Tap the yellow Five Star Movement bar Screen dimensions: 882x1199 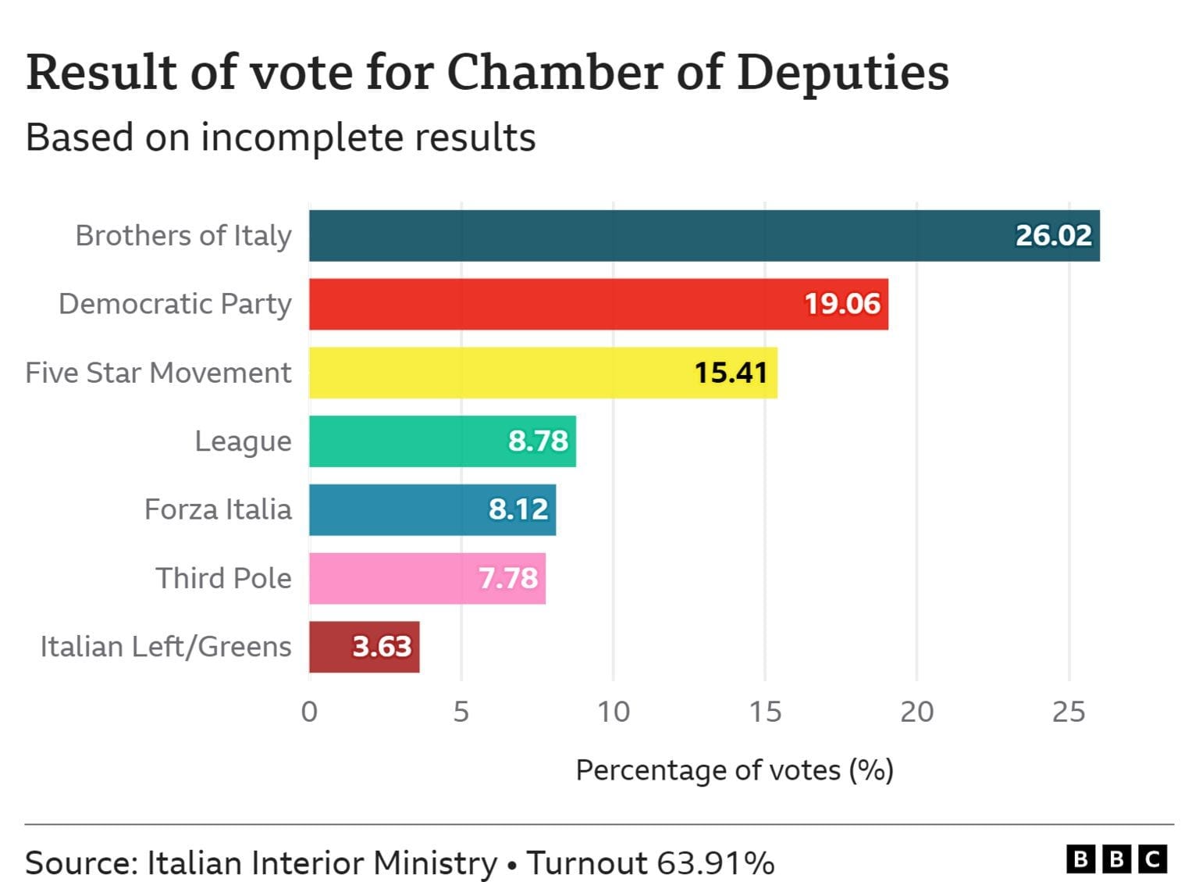click(500, 373)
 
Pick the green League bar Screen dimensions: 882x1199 click(406, 441)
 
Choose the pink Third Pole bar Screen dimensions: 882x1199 click(390, 578)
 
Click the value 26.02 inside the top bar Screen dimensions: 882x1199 click(1053, 236)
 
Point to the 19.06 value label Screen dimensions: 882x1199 click(842, 304)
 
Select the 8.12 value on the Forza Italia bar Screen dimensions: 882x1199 click(518, 509)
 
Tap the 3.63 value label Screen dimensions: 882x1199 click(382, 647)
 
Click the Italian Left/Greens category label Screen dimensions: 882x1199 click(165, 647)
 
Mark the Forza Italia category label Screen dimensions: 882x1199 click(218, 509)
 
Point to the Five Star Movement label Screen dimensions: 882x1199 click(158, 373)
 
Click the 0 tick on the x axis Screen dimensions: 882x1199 click(309, 712)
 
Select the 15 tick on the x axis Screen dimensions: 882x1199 click(765, 712)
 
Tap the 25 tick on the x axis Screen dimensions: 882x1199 click(1069, 712)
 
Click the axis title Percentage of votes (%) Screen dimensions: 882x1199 click(734, 770)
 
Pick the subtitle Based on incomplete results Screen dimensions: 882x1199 click(280, 137)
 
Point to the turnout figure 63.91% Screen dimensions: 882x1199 click(715, 863)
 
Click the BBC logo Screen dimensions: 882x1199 click(1116, 860)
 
